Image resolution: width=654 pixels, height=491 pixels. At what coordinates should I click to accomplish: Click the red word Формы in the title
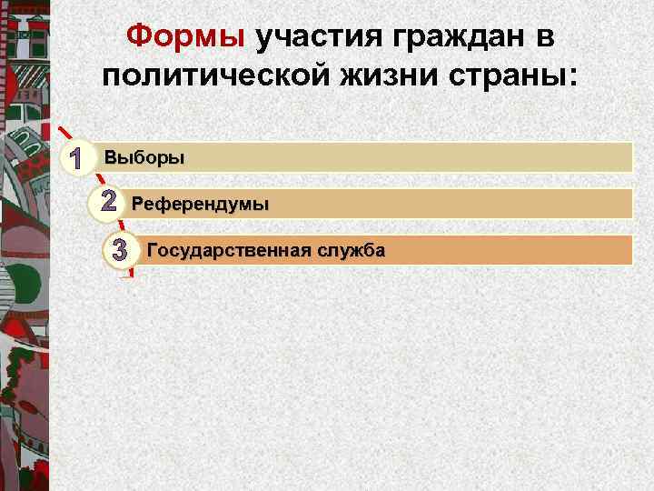tap(185, 36)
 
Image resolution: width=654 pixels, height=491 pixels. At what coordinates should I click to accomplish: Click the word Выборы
tap(144, 158)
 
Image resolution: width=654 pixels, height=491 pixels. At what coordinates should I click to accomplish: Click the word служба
tap(352, 250)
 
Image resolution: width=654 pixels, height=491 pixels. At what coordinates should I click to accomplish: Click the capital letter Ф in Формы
tap(138, 36)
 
